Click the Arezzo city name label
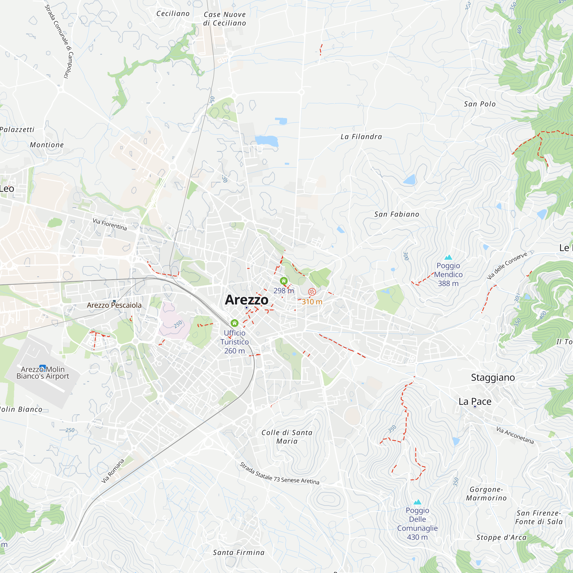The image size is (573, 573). pyautogui.click(x=246, y=300)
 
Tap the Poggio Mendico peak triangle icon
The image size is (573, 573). pyautogui.click(x=448, y=257)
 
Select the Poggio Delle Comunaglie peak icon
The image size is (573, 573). pyautogui.click(x=417, y=502)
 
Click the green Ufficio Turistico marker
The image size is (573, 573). pyautogui.click(x=235, y=323)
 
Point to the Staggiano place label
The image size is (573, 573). pyautogui.click(x=493, y=378)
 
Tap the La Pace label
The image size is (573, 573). pyautogui.click(x=475, y=402)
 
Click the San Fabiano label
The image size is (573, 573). pyautogui.click(x=397, y=214)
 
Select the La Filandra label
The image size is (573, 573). pyautogui.click(x=361, y=137)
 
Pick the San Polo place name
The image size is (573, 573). pyautogui.click(x=480, y=104)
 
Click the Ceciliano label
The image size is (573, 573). pyautogui.click(x=173, y=14)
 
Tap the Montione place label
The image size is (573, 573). pyautogui.click(x=47, y=145)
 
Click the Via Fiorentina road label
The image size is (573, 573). pyautogui.click(x=110, y=224)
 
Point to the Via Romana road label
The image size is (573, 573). pyautogui.click(x=113, y=471)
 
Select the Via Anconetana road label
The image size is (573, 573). pyautogui.click(x=515, y=435)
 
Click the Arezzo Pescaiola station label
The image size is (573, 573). pyautogui.click(x=114, y=305)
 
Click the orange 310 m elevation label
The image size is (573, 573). pyautogui.click(x=312, y=302)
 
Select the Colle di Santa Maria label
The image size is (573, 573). pyautogui.click(x=287, y=437)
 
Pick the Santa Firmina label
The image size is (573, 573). pyautogui.click(x=239, y=553)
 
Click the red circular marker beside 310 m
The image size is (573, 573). pyautogui.click(x=312, y=292)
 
